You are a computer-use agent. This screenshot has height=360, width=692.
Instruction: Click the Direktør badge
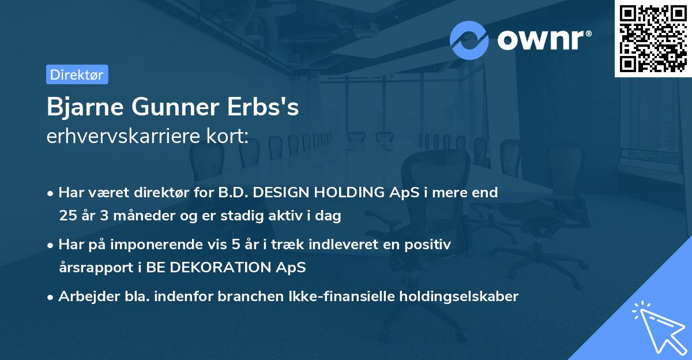(77, 74)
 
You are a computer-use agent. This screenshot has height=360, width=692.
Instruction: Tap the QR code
(652, 38)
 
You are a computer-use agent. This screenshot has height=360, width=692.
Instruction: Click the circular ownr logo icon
(469, 40)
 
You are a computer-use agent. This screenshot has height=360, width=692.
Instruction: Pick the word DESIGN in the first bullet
(287, 193)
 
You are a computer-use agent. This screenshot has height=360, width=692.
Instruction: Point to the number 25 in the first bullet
(67, 216)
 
